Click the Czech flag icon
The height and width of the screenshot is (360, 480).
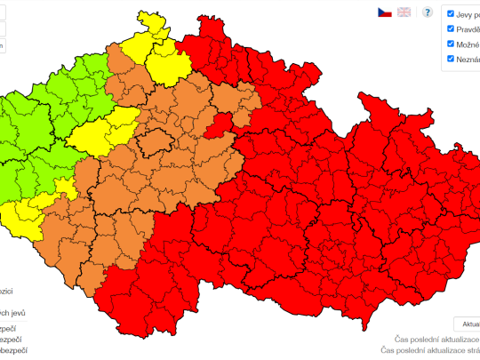384,12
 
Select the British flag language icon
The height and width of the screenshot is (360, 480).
404,12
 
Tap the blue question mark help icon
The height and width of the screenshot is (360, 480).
428,12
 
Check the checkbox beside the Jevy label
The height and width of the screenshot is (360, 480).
451,13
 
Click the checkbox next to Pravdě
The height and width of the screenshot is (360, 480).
451,28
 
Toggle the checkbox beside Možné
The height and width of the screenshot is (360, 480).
451,44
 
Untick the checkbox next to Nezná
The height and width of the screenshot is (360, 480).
451,59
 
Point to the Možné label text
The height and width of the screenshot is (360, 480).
468,44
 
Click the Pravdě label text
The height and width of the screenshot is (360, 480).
468,28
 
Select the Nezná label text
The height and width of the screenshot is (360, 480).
468,59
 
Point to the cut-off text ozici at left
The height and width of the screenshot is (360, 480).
7,291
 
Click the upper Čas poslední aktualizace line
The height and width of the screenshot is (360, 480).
436,340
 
